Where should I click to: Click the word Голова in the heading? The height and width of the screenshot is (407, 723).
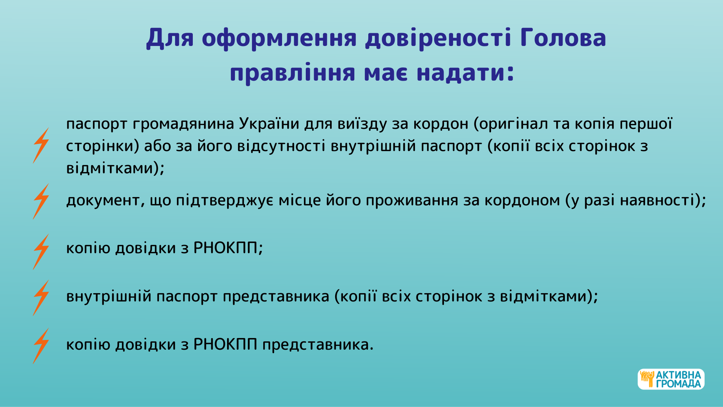563,38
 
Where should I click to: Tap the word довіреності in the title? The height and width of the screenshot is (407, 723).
438,38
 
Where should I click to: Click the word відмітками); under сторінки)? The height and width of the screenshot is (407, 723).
115,168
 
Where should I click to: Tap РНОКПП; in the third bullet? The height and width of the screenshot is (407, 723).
228,248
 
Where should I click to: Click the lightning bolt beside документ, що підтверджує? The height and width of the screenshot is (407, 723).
41,202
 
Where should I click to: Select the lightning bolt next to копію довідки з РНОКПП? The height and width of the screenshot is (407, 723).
41,252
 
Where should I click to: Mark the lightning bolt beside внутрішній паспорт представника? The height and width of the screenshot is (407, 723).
41,298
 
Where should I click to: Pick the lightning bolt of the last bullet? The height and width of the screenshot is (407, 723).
41,346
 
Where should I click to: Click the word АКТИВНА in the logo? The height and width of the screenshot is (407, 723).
678,375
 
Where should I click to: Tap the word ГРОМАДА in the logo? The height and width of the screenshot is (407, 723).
678,384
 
